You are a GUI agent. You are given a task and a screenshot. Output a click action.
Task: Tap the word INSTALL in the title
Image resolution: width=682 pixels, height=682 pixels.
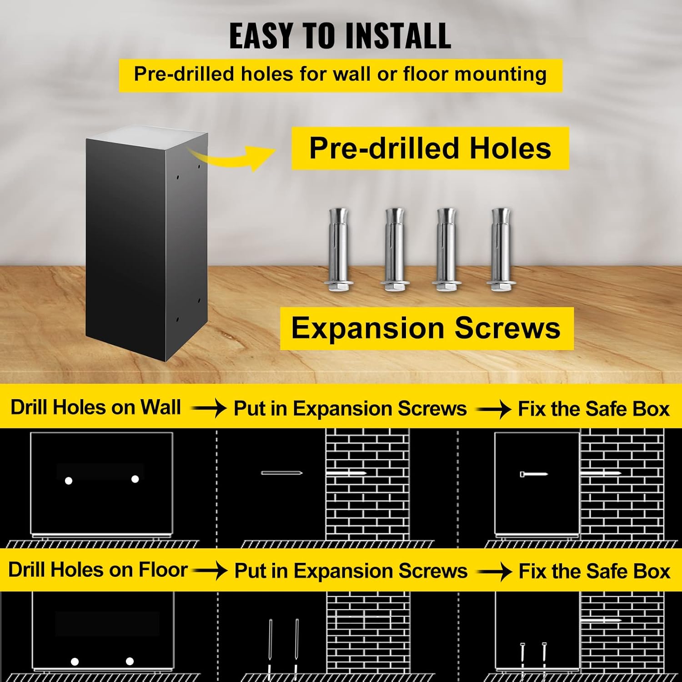coord(398,35)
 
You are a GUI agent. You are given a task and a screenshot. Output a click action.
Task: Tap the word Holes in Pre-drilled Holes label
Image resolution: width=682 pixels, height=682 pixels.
coord(510,148)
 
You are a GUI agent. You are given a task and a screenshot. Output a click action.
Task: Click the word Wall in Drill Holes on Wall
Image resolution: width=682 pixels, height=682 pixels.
coord(160,407)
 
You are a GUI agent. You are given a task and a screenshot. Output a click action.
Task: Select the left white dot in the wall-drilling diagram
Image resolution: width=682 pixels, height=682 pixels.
coord(69,481)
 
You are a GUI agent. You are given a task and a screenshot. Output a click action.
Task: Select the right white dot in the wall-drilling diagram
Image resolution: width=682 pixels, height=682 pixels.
coord(135,479)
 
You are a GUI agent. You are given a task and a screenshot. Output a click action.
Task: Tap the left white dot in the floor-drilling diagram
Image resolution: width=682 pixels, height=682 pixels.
coord(75,662)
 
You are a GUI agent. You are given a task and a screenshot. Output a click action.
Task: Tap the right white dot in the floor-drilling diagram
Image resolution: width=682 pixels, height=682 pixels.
coord(130,661)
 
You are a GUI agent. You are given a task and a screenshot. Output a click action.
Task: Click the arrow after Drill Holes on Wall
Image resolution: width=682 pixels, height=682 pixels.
coord(209,408)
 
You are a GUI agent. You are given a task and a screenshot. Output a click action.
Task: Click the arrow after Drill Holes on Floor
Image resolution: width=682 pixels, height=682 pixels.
coord(210,570)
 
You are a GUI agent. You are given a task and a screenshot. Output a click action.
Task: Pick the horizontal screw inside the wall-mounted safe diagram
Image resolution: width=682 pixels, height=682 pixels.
coord(534,474)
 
